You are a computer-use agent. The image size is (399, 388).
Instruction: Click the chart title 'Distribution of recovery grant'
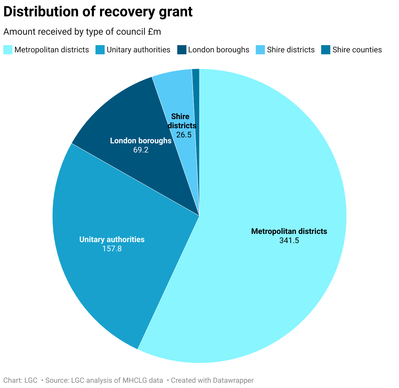click(98, 12)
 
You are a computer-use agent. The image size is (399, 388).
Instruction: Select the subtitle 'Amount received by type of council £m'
click(82, 32)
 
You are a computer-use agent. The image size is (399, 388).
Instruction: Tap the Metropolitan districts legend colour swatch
click(8, 50)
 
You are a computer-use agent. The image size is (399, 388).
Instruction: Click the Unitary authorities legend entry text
click(138, 50)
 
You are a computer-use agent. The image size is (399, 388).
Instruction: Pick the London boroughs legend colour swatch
click(182, 50)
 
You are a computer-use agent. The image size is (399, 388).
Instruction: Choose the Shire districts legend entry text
click(291, 50)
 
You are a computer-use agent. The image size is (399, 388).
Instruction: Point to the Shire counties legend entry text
click(357, 50)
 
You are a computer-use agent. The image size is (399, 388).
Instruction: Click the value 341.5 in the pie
click(289, 240)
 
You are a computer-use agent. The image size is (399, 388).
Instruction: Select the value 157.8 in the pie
click(112, 249)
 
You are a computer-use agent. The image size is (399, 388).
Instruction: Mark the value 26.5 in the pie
click(183, 135)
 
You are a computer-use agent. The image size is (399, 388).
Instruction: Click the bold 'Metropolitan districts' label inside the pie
click(289, 231)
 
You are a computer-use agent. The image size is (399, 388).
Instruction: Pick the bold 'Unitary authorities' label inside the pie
click(112, 239)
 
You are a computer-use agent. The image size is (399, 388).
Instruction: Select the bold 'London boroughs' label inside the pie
click(141, 141)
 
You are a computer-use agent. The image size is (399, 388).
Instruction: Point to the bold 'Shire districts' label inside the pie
click(182, 121)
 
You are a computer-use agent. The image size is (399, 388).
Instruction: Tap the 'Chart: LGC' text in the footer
click(20, 380)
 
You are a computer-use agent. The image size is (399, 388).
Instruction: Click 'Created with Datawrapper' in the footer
click(212, 380)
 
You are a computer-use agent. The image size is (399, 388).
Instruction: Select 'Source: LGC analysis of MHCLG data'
click(104, 380)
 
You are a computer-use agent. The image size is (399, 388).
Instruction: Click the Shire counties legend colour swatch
click(326, 50)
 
